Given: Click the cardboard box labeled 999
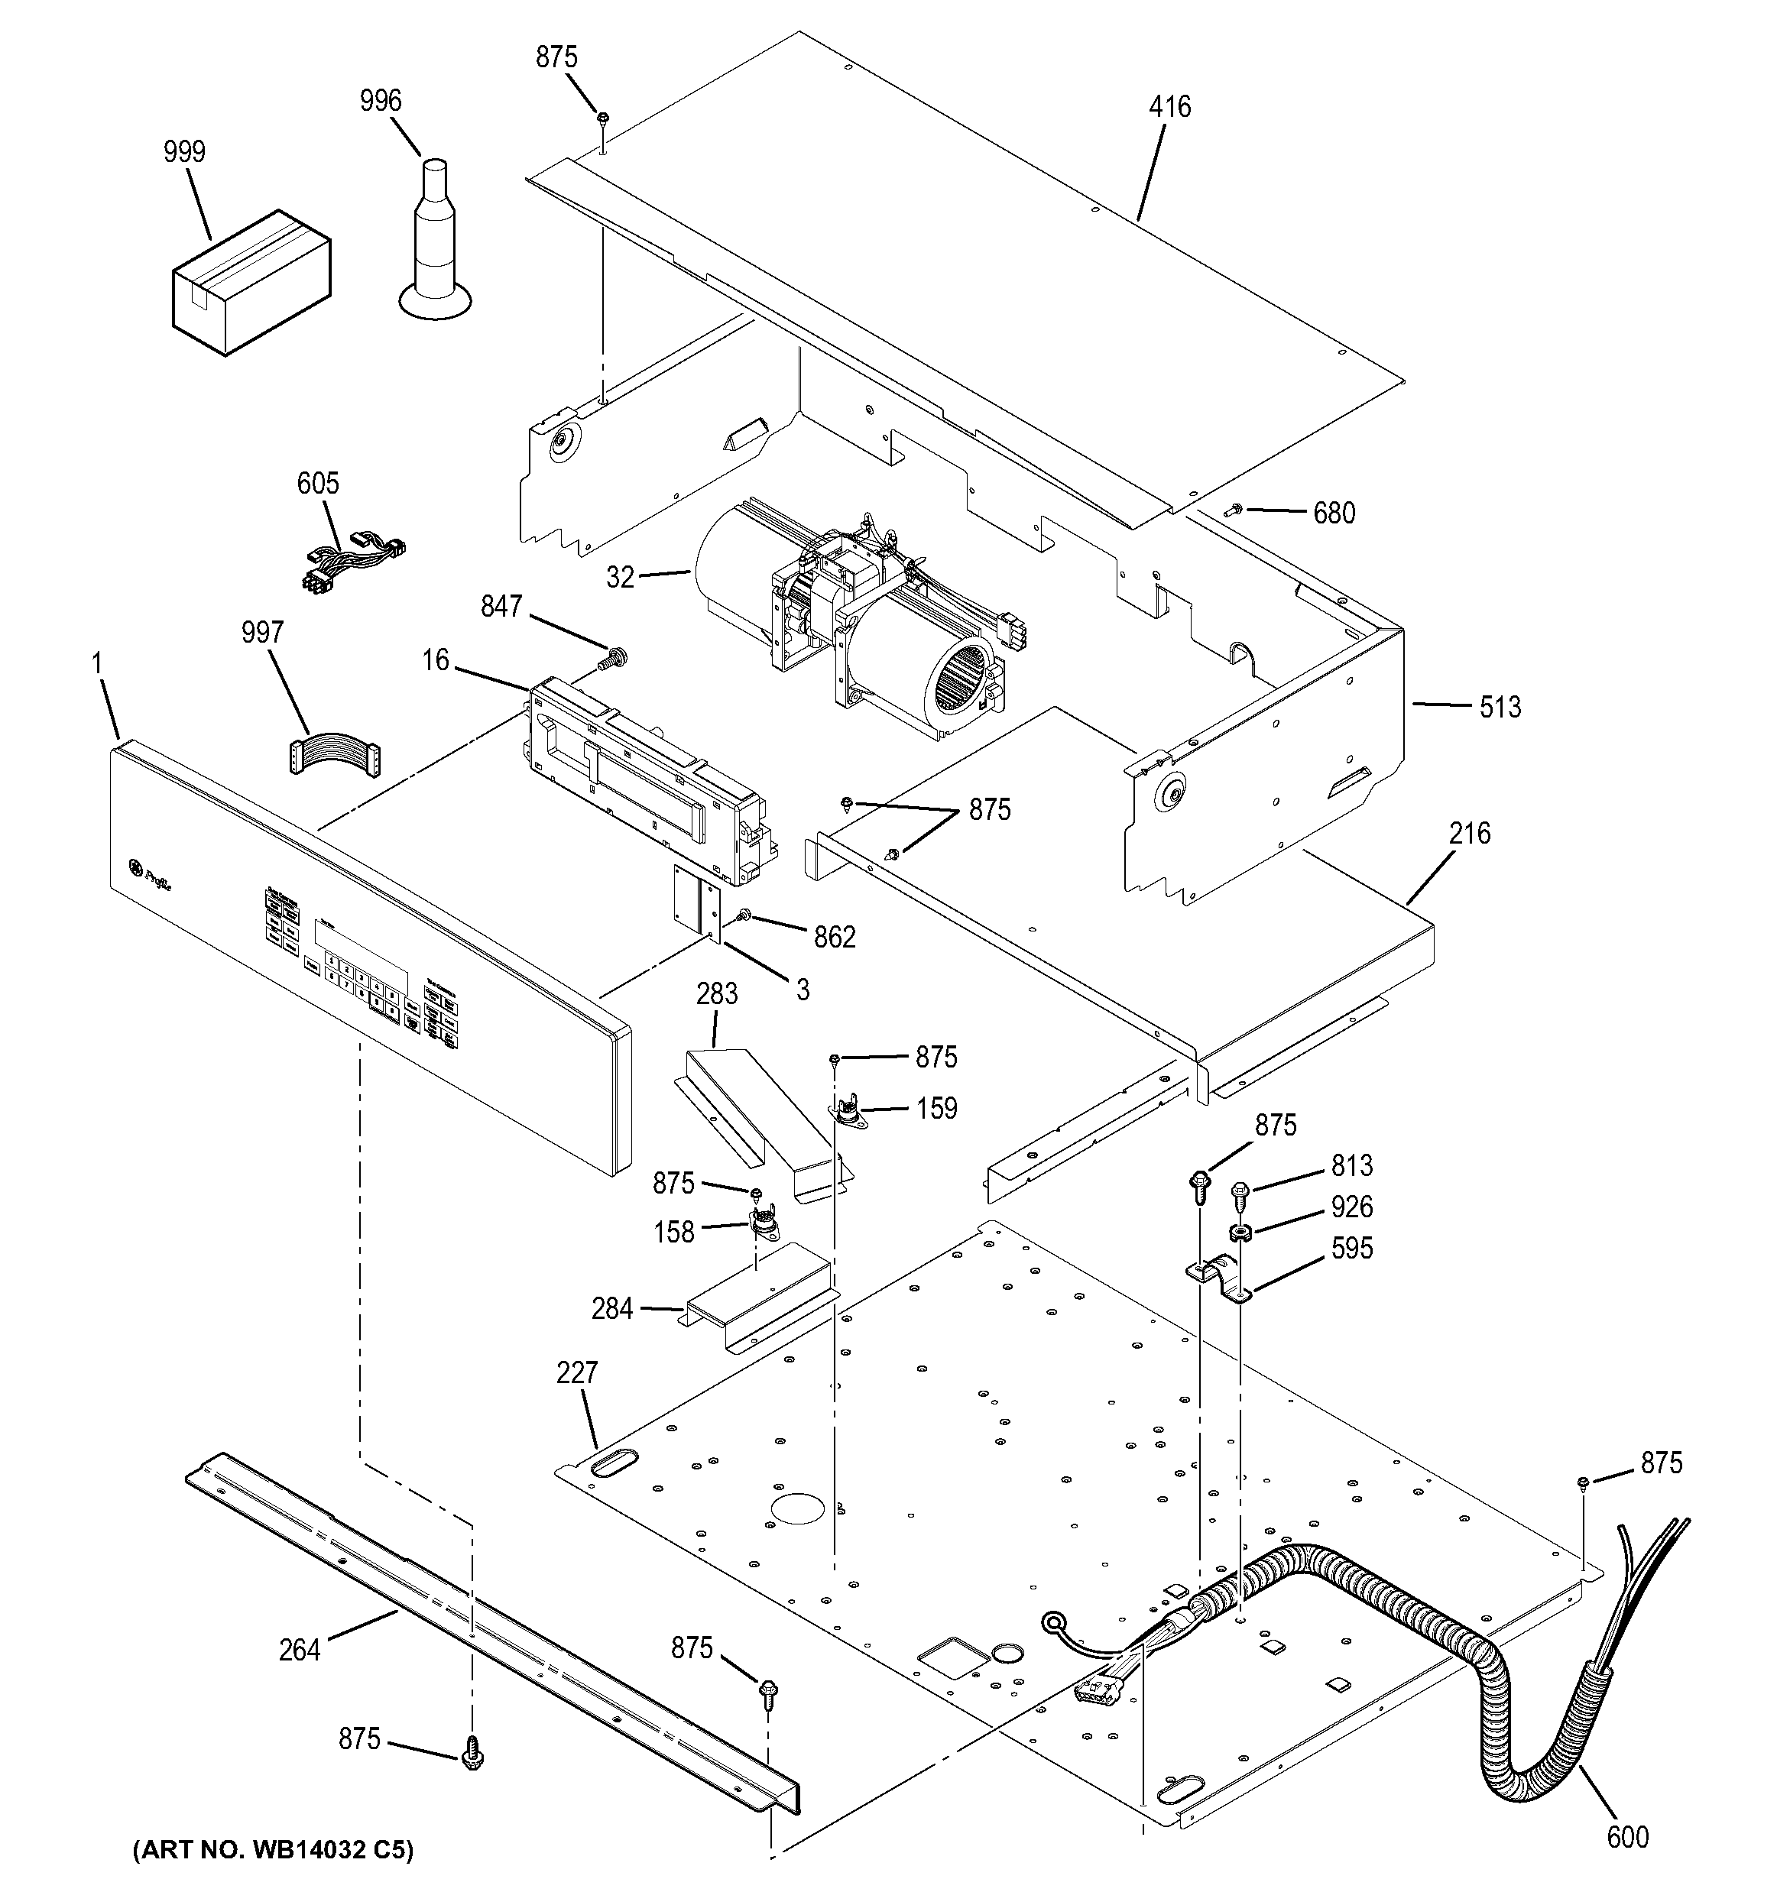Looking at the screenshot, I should click(251, 283).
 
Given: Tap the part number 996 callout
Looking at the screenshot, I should click(381, 101).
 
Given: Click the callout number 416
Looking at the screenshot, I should click(1169, 106).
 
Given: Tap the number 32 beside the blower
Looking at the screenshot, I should click(620, 577).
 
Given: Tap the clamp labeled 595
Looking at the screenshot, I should click(1219, 1279).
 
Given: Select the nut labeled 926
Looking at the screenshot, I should click(1240, 1233).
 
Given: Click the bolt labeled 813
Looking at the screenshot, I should click(1239, 1190).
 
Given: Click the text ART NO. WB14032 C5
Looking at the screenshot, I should click(272, 1851).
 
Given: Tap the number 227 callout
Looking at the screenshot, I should click(577, 1372).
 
